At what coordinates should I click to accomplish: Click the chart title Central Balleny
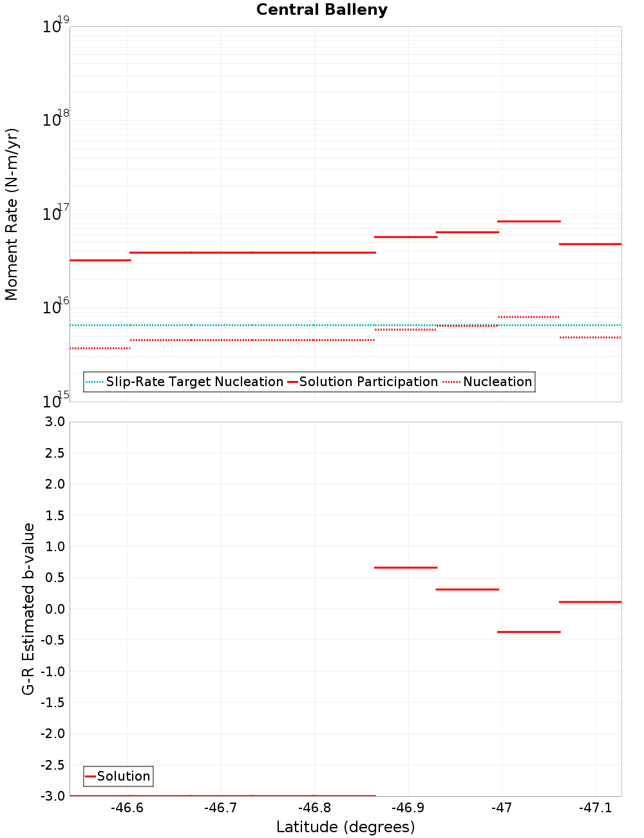322,10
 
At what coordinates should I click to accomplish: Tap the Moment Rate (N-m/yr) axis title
12,214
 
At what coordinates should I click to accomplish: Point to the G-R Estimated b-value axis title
28,609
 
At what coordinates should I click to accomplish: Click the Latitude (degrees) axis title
345,827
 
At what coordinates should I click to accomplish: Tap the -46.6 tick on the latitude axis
127,808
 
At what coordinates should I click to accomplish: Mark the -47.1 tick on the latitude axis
595,808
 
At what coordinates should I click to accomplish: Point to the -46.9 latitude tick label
408,808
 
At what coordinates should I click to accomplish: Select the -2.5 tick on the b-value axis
52,765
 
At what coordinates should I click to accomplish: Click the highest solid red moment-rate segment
529,221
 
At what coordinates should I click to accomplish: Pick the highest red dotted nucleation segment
529,317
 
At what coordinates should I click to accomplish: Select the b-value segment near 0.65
406,567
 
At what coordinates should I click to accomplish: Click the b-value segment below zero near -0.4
529,632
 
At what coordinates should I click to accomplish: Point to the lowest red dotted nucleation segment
100,348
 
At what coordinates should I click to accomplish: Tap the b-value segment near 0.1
590,601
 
